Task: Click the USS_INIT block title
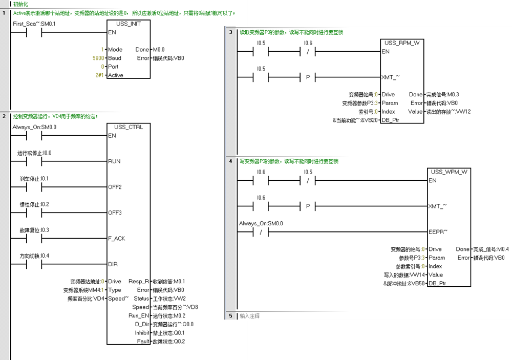(x=129, y=24)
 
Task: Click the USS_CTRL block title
(x=129, y=127)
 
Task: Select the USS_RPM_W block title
(x=402, y=43)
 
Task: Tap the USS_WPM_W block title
(x=449, y=172)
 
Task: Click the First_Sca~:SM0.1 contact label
(x=33, y=24)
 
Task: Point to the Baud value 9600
(x=98, y=58)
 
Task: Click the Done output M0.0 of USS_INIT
(x=159, y=50)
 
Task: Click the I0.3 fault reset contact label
(x=34, y=230)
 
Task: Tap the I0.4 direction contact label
(x=34, y=256)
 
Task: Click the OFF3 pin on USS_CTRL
(x=115, y=213)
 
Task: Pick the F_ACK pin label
(x=116, y=239)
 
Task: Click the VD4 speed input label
(x=86, y=299)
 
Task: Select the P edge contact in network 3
(x=308, y=78)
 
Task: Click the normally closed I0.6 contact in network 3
(x=308, y=52)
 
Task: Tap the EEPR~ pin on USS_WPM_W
(x=438, y=232)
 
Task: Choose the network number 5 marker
(x=230, y=316)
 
